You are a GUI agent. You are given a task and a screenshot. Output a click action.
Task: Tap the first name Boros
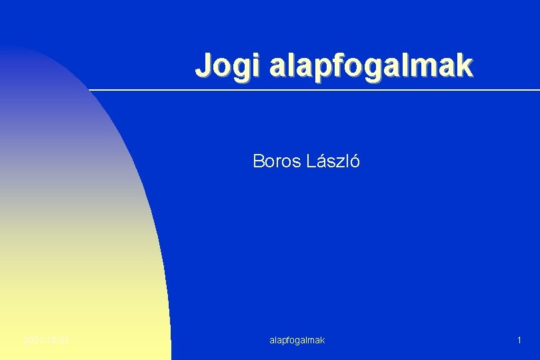pos(269,161)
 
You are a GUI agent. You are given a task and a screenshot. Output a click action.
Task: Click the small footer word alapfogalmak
pos(297,340)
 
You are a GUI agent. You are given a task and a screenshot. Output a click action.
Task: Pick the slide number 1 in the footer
pos(519,340)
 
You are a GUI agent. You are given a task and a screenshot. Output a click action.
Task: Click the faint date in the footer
pos(46,340)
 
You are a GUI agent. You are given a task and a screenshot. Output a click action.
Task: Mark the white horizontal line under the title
pos(313,89)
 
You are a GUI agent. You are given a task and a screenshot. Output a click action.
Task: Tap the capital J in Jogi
pos(203,66)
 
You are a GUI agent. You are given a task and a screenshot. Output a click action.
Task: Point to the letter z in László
pos(341,162)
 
